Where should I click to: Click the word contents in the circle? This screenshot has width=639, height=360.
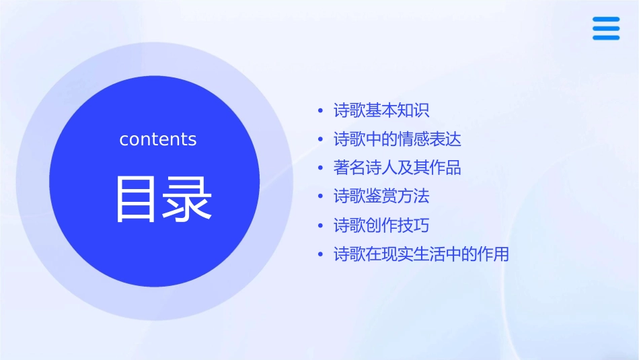point(158,139)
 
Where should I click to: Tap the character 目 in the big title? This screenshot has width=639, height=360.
point(135,199)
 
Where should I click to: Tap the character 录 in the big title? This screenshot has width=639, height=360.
point(186,199)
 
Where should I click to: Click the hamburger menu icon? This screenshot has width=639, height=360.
point(606,28)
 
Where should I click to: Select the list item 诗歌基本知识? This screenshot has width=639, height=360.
point(381,110)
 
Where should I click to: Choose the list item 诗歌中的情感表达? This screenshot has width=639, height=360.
point(398,139)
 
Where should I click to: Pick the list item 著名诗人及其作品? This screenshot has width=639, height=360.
point(398,168)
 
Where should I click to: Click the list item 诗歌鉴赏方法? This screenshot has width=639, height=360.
point(381,196)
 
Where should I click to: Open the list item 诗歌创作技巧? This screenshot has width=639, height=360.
point(381,225)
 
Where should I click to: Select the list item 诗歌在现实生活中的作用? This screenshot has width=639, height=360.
point(422,254)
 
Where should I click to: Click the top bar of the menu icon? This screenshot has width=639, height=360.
point(606,19)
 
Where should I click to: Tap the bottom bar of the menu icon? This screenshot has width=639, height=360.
point(606,37)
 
